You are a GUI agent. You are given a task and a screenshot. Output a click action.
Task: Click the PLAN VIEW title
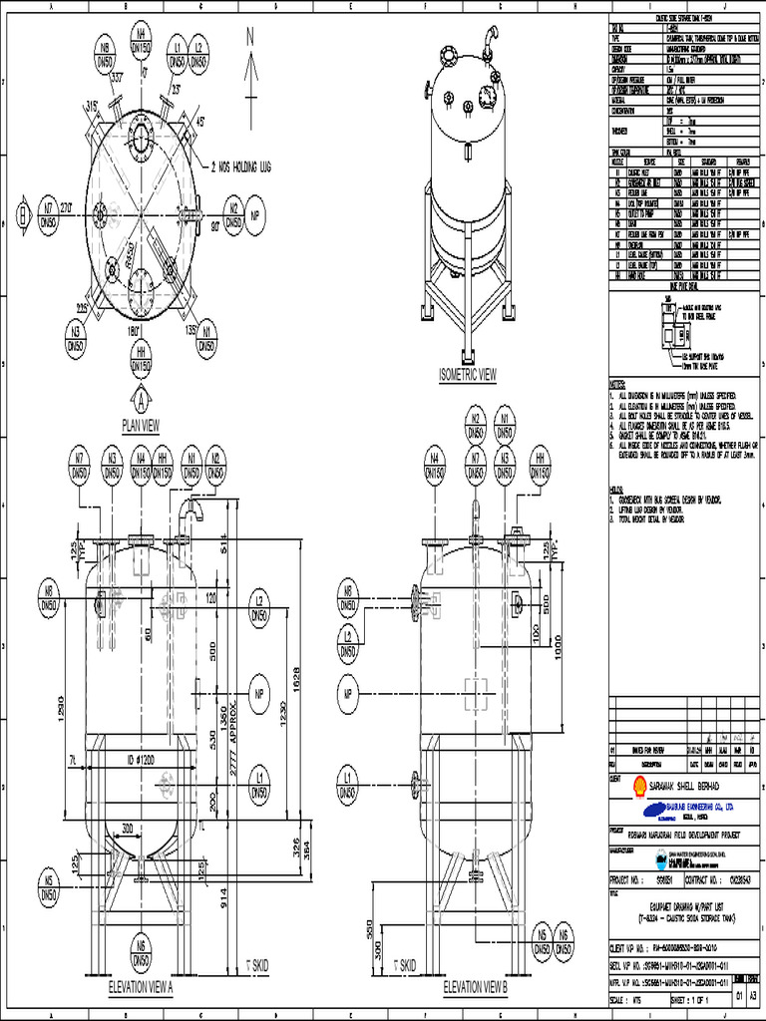click(141, 425)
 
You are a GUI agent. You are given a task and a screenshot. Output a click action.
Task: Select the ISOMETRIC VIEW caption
click(467, 375)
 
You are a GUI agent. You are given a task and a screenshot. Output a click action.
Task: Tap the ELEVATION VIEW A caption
click(141, 986)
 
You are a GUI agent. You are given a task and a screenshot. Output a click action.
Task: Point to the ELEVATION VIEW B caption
click(475, 986)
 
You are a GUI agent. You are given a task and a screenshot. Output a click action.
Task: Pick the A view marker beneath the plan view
click(142, 401)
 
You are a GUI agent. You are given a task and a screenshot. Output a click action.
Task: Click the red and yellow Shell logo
click(621, 787)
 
